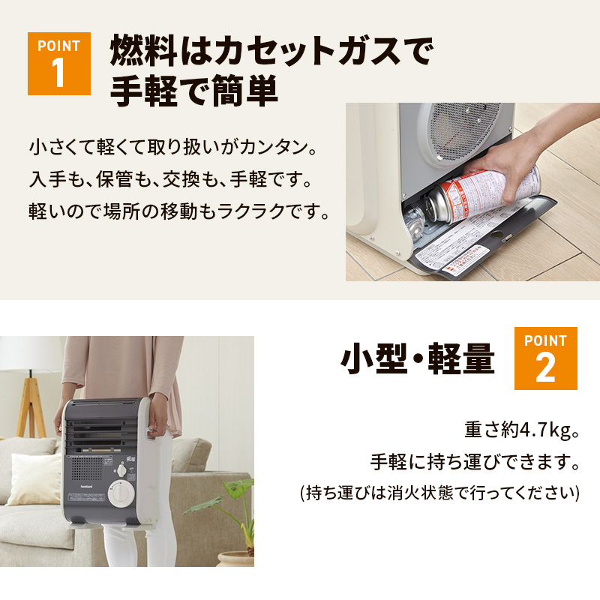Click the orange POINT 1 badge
59,63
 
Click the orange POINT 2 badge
545,358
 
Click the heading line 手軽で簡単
194,92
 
